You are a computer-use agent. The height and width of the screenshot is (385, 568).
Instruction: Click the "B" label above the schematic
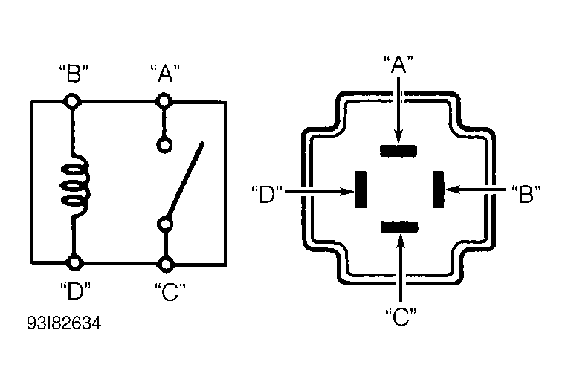(x=74, y=74)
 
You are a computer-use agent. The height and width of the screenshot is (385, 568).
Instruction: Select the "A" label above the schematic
(x=165, y=74)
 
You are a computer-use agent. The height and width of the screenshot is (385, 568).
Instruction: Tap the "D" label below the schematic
(x=75, y=291)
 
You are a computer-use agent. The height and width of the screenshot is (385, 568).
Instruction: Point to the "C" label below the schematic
(x=170, y=292)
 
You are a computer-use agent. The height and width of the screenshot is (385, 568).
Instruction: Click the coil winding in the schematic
(x=75, y=185)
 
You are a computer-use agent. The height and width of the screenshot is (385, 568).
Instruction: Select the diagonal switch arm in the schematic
(x=184, y=181)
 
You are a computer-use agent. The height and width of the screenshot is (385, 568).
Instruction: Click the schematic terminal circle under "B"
(x=72, y=101)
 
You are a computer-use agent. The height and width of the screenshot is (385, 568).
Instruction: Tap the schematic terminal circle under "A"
(x=164, y=100)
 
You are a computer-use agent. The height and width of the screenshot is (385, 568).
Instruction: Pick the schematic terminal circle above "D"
(x=74, y=262)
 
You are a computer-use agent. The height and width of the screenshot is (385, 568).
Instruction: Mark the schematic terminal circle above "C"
(x=166, y=264)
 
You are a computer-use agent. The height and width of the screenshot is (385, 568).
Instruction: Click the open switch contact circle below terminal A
(x=164, y=145)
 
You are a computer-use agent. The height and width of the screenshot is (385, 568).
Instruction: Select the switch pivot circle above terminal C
(x=165, y=224)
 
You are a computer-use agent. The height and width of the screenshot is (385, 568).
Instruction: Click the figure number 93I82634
(x=64, y=323)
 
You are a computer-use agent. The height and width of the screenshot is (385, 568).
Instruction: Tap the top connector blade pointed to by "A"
(x=398, y=151)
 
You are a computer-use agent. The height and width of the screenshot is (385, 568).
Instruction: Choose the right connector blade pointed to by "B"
(x=439, y=189)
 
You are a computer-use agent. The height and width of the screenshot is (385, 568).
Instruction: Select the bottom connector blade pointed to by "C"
(x=400, y=227)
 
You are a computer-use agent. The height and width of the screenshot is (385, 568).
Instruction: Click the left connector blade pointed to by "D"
(x=361, y=190)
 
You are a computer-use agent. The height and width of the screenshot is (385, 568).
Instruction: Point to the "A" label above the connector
(x=398, y=65)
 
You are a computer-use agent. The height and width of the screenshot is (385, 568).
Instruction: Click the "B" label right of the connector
(x=526, y=194)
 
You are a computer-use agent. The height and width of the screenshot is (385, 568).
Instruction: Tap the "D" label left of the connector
(x=267, y=194)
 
